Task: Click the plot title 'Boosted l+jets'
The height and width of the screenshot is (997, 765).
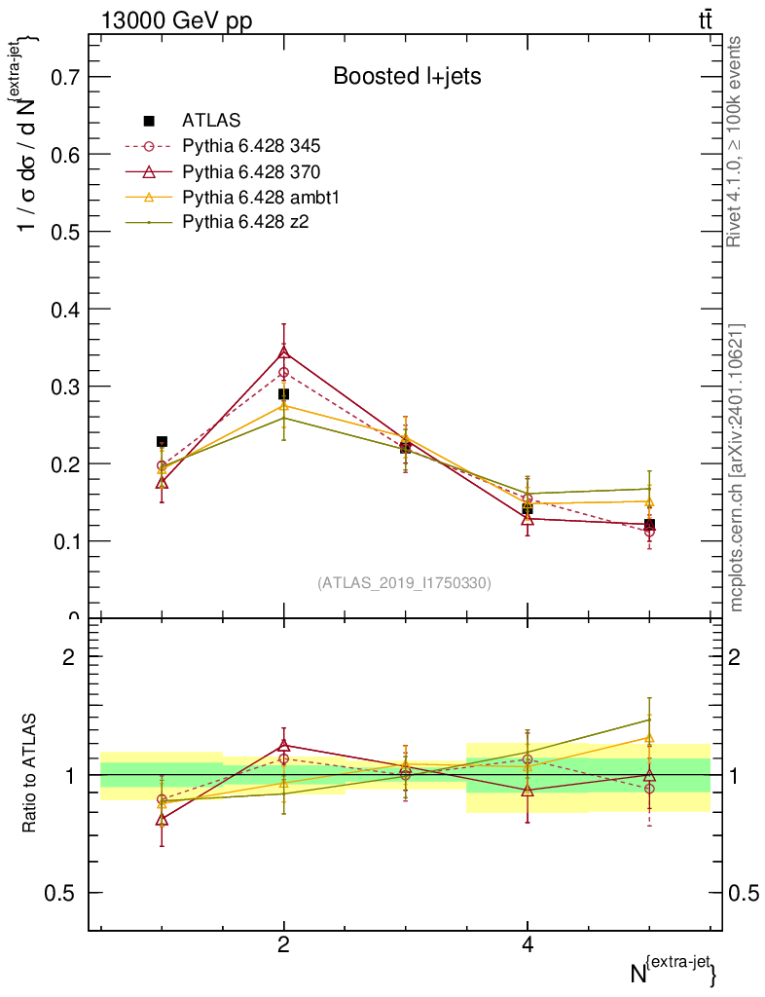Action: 407,76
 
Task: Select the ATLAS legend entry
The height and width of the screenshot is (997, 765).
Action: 211,121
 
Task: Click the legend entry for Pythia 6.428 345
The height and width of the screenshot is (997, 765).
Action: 251,146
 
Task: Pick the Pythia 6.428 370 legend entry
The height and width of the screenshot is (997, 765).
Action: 251,171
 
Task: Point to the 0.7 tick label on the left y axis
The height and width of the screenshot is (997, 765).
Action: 60,77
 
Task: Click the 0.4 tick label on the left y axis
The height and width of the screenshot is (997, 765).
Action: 60,310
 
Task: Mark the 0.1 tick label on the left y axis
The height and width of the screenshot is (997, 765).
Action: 60,541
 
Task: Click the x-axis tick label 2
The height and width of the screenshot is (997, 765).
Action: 283,945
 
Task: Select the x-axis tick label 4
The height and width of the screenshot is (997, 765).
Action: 528,945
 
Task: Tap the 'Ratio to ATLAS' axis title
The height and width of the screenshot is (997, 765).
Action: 30,773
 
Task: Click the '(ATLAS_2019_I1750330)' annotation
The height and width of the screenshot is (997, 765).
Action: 404,583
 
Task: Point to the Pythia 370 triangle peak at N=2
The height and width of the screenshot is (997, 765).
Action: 283,351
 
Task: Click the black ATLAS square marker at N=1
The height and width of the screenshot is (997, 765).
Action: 162,442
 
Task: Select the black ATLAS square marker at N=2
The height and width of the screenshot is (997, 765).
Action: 283,394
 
